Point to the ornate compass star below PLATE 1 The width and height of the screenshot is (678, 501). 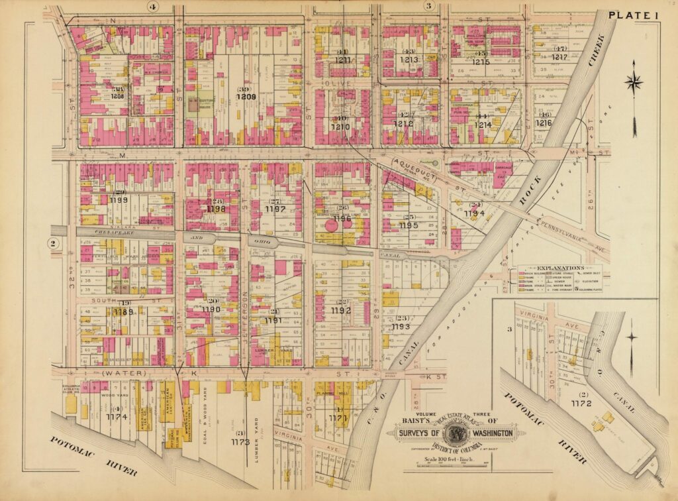pos(634,83)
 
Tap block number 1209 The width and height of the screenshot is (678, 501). pos(246,96)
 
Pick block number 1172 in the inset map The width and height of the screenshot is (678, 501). pos(580,402)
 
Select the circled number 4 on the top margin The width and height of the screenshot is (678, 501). pos(153,7)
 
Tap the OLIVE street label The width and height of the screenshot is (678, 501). pos(341,83)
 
